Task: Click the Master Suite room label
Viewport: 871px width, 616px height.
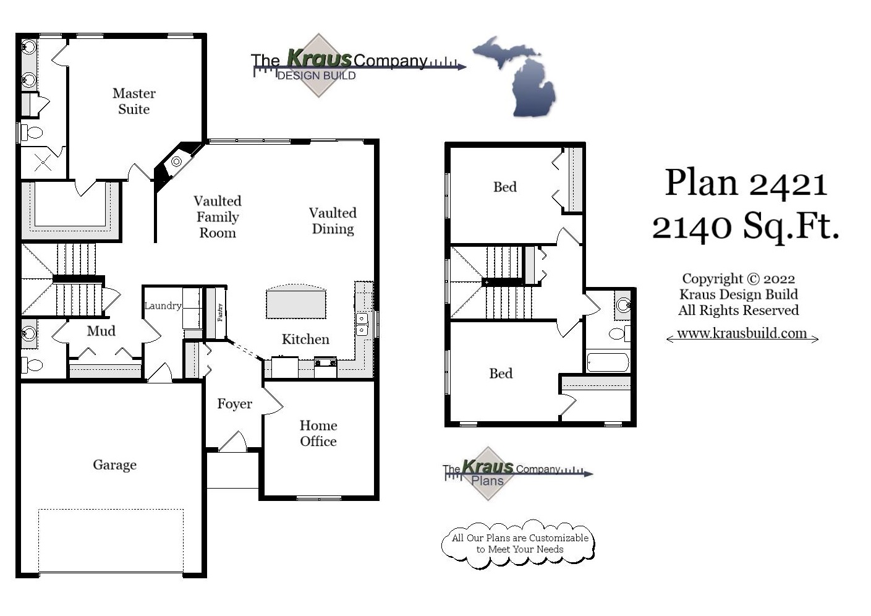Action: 134,101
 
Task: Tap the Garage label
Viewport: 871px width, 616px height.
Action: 114,465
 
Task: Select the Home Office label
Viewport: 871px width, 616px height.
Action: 318,434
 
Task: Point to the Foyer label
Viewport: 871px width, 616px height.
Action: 234,404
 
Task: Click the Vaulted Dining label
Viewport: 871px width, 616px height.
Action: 333,221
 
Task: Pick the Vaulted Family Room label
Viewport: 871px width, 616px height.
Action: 217,217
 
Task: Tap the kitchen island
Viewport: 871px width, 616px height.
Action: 295,302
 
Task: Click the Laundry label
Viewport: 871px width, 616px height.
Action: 163,306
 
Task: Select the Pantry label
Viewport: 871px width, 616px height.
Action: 220,312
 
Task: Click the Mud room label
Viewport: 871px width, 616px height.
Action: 101,331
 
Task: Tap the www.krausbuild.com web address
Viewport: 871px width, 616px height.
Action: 742,333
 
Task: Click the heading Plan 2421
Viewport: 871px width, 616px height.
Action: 746,184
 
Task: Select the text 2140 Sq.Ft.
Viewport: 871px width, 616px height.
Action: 746,226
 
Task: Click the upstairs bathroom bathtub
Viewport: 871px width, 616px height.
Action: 607,362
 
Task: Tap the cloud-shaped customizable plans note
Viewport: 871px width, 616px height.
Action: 519,544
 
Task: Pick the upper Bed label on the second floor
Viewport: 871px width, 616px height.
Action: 504,187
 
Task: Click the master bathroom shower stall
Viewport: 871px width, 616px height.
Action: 43,163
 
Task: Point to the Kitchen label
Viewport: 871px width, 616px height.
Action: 305,340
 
